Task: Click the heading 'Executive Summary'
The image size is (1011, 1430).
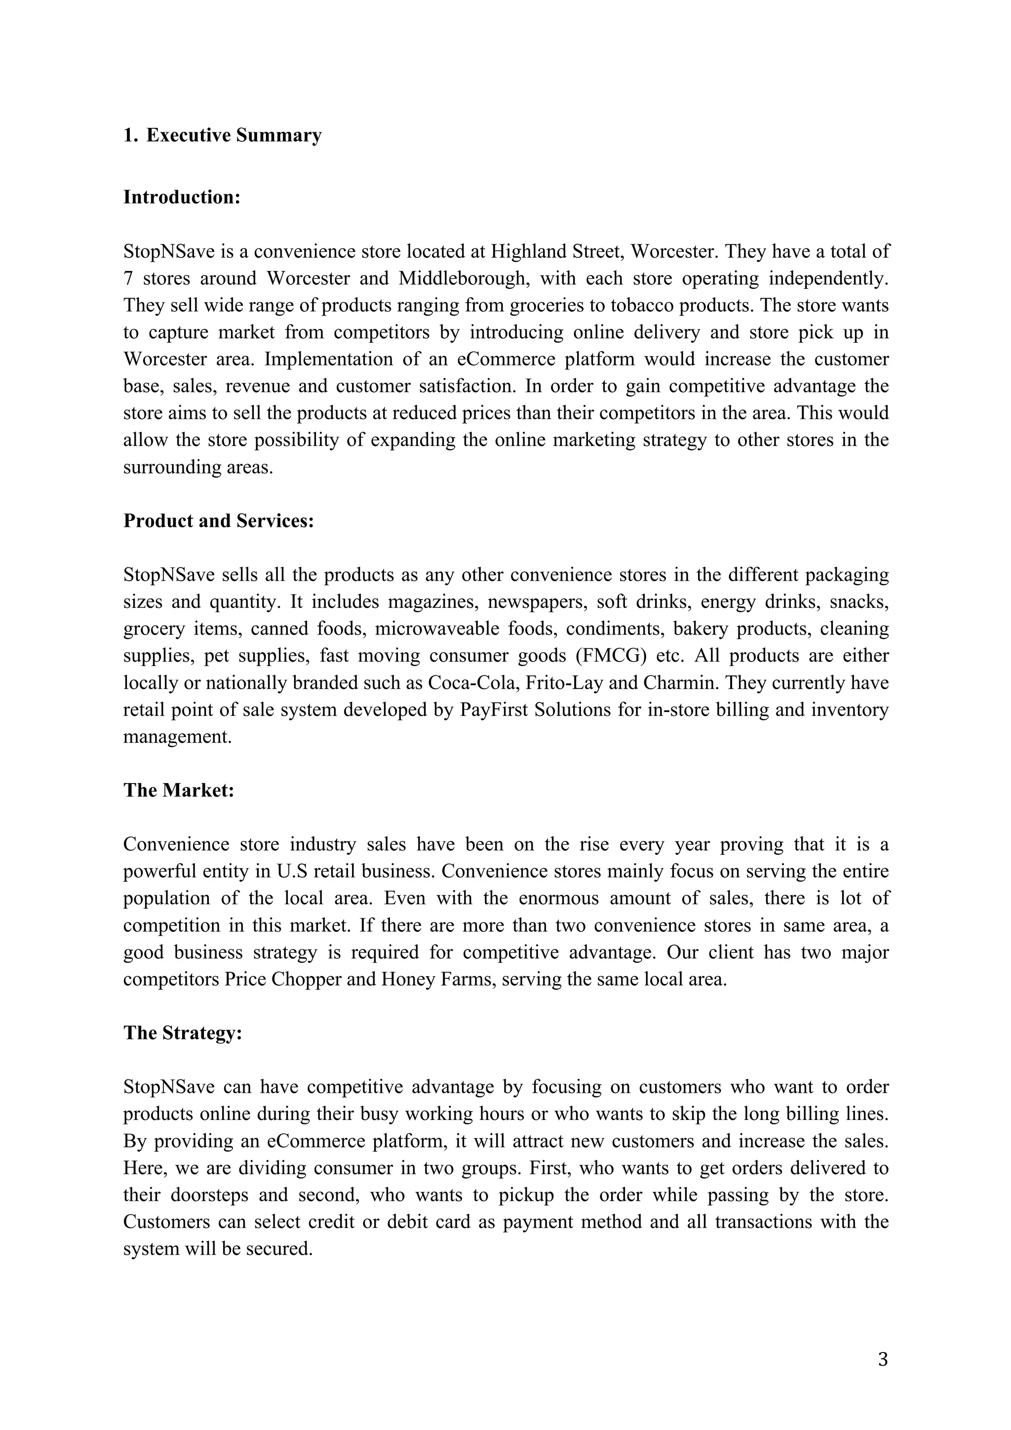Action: [x=233, y=135]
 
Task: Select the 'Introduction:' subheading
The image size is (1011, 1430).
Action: [x=182, y=197]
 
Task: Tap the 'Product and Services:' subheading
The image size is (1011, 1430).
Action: [x=219, y=520]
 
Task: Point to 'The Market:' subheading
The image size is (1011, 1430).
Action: [x=179, y=791]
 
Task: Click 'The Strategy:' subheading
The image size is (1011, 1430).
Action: [x=182, y=1033]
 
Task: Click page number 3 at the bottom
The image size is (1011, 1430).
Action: [x=882, y=1359]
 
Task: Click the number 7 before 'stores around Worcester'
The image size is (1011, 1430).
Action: [x=128, y=278]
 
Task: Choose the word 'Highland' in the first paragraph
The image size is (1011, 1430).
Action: [x=528, y=252]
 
